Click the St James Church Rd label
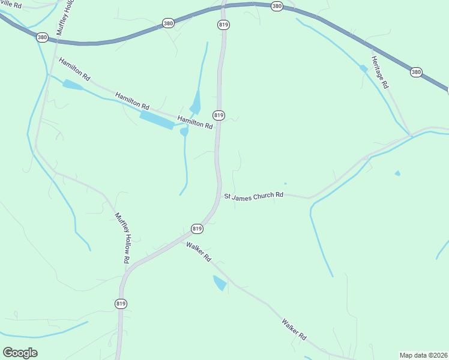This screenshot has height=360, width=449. [253, 196]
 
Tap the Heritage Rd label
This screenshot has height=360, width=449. [379, 71]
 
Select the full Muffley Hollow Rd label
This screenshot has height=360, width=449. [122, 238]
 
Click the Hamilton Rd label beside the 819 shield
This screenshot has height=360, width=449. [195, 122]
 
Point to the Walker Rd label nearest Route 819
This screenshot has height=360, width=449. [199, 251]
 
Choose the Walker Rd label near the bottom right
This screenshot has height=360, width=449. [294, 330]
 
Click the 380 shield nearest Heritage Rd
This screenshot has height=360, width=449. [416, 72]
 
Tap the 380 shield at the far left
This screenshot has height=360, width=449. [42, 37]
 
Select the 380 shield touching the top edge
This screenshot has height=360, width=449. [276, 6]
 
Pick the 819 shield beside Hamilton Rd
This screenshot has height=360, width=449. [218, 115]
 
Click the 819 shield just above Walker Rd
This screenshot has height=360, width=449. [197, 229]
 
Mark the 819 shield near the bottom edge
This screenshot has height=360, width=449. [121, 304]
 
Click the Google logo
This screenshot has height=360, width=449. [20, 353]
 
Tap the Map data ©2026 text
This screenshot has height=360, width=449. [423, 355]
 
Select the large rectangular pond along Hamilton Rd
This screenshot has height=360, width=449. [157, 119]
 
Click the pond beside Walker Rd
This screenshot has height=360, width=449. [220, 283]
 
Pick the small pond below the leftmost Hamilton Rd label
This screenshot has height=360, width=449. [73, 85]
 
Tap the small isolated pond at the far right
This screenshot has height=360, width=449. [397, 174]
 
